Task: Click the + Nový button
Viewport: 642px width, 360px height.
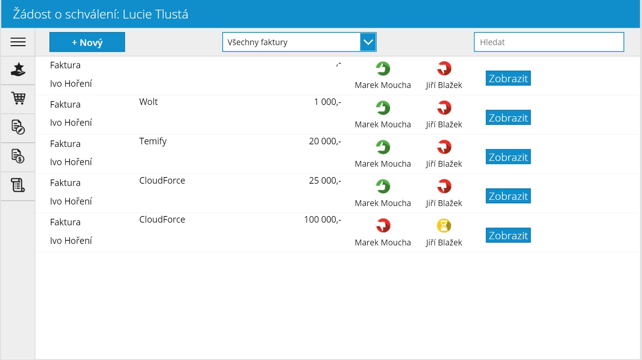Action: (87, 42)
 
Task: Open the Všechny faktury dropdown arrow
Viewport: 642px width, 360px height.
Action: (368, 42)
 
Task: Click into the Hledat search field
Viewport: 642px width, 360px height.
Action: (549, 42)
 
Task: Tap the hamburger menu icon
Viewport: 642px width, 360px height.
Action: (18, 42)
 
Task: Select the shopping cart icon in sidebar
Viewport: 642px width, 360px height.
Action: (19, 98)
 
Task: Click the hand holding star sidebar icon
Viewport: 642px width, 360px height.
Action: (18, 69)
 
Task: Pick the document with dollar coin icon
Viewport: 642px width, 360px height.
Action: (18, 156)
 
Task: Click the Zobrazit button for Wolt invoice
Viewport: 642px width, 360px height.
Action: (508, 118)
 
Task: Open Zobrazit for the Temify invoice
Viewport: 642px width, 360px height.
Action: (508, 157)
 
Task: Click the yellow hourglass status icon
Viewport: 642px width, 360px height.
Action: (444, 226)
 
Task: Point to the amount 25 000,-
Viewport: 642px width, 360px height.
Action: (325, 181)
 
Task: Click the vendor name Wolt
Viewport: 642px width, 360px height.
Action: (149, 102)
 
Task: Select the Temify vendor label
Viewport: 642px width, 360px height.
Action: (153, 141)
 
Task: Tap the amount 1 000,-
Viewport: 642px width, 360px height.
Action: (328, 102)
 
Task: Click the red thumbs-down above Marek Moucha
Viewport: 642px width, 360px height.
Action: (383, 226)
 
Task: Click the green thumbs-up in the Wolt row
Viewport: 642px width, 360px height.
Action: (383, 108)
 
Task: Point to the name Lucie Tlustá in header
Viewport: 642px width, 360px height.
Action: (155, 14)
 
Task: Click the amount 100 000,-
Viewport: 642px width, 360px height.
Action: (323, 220)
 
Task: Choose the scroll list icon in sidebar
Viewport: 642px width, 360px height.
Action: (18, 185)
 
